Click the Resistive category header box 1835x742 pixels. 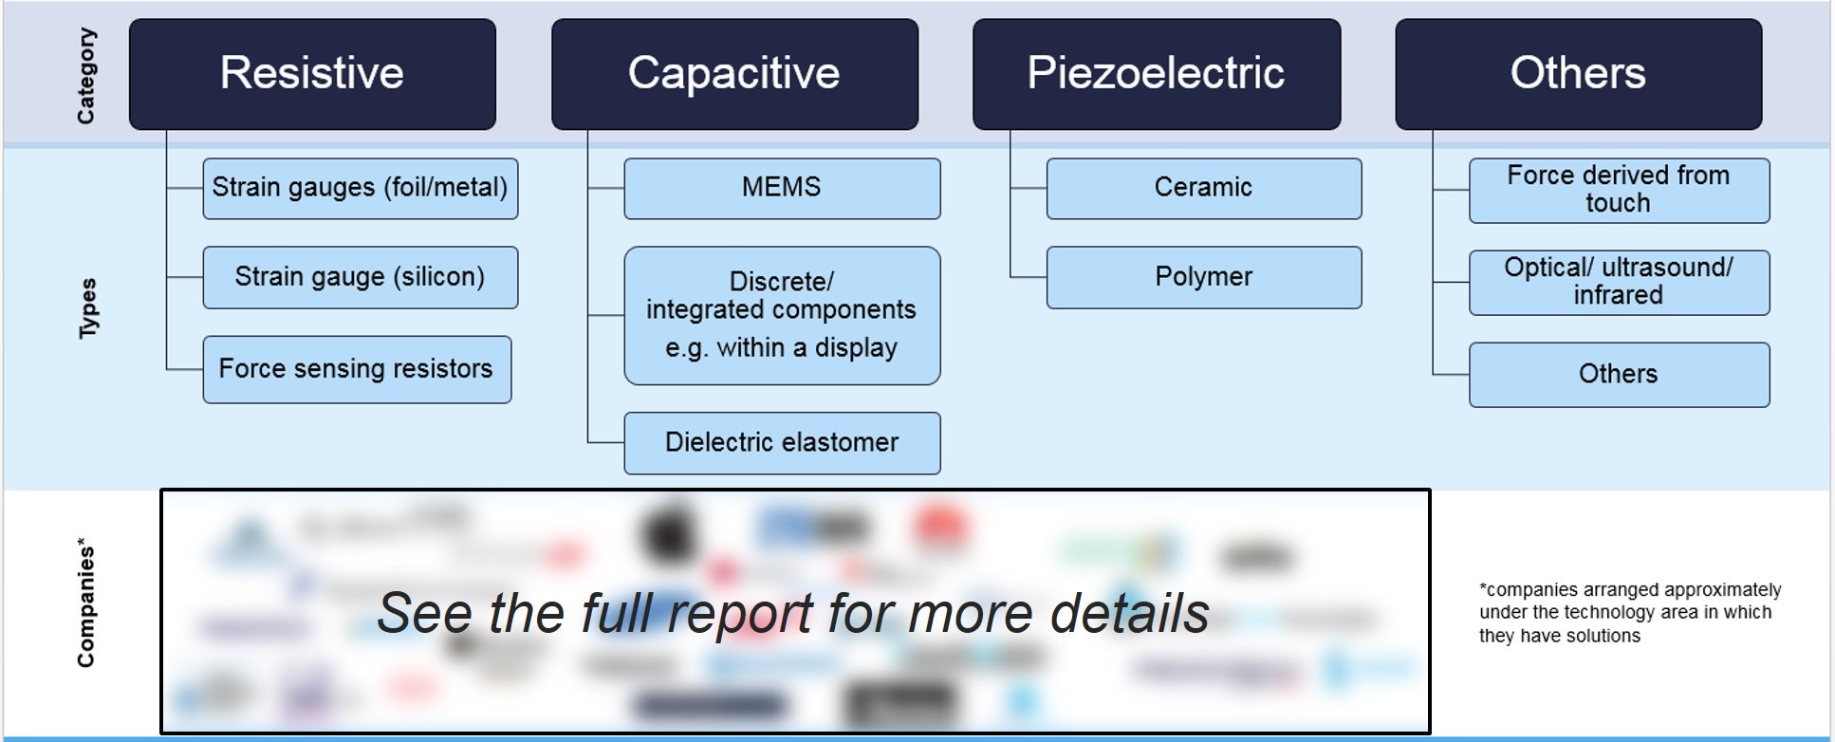[312, 74]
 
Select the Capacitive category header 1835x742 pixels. [734, 74]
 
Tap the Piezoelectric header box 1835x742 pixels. [1157, 74]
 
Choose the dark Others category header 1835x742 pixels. [1578, 74]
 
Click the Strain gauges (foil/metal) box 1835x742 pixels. [361, 188]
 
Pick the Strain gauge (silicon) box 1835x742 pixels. [361, 277]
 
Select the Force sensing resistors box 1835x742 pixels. [357, 369]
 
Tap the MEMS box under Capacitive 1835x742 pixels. [782, 188]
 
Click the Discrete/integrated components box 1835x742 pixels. [782, 315]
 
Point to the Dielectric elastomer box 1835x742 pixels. [782, 443]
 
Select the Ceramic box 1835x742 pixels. [1203, 188]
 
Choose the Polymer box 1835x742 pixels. [1203, 277]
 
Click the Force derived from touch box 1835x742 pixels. [1619, 190]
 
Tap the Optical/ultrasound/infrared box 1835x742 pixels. [1619, 282]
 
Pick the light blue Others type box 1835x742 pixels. [1619, 375]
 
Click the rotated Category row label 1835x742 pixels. [86, 76]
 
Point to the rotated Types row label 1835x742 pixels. [87, 308]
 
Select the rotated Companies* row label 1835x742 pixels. [86, 603]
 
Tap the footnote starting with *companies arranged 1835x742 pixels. [1629, 613]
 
